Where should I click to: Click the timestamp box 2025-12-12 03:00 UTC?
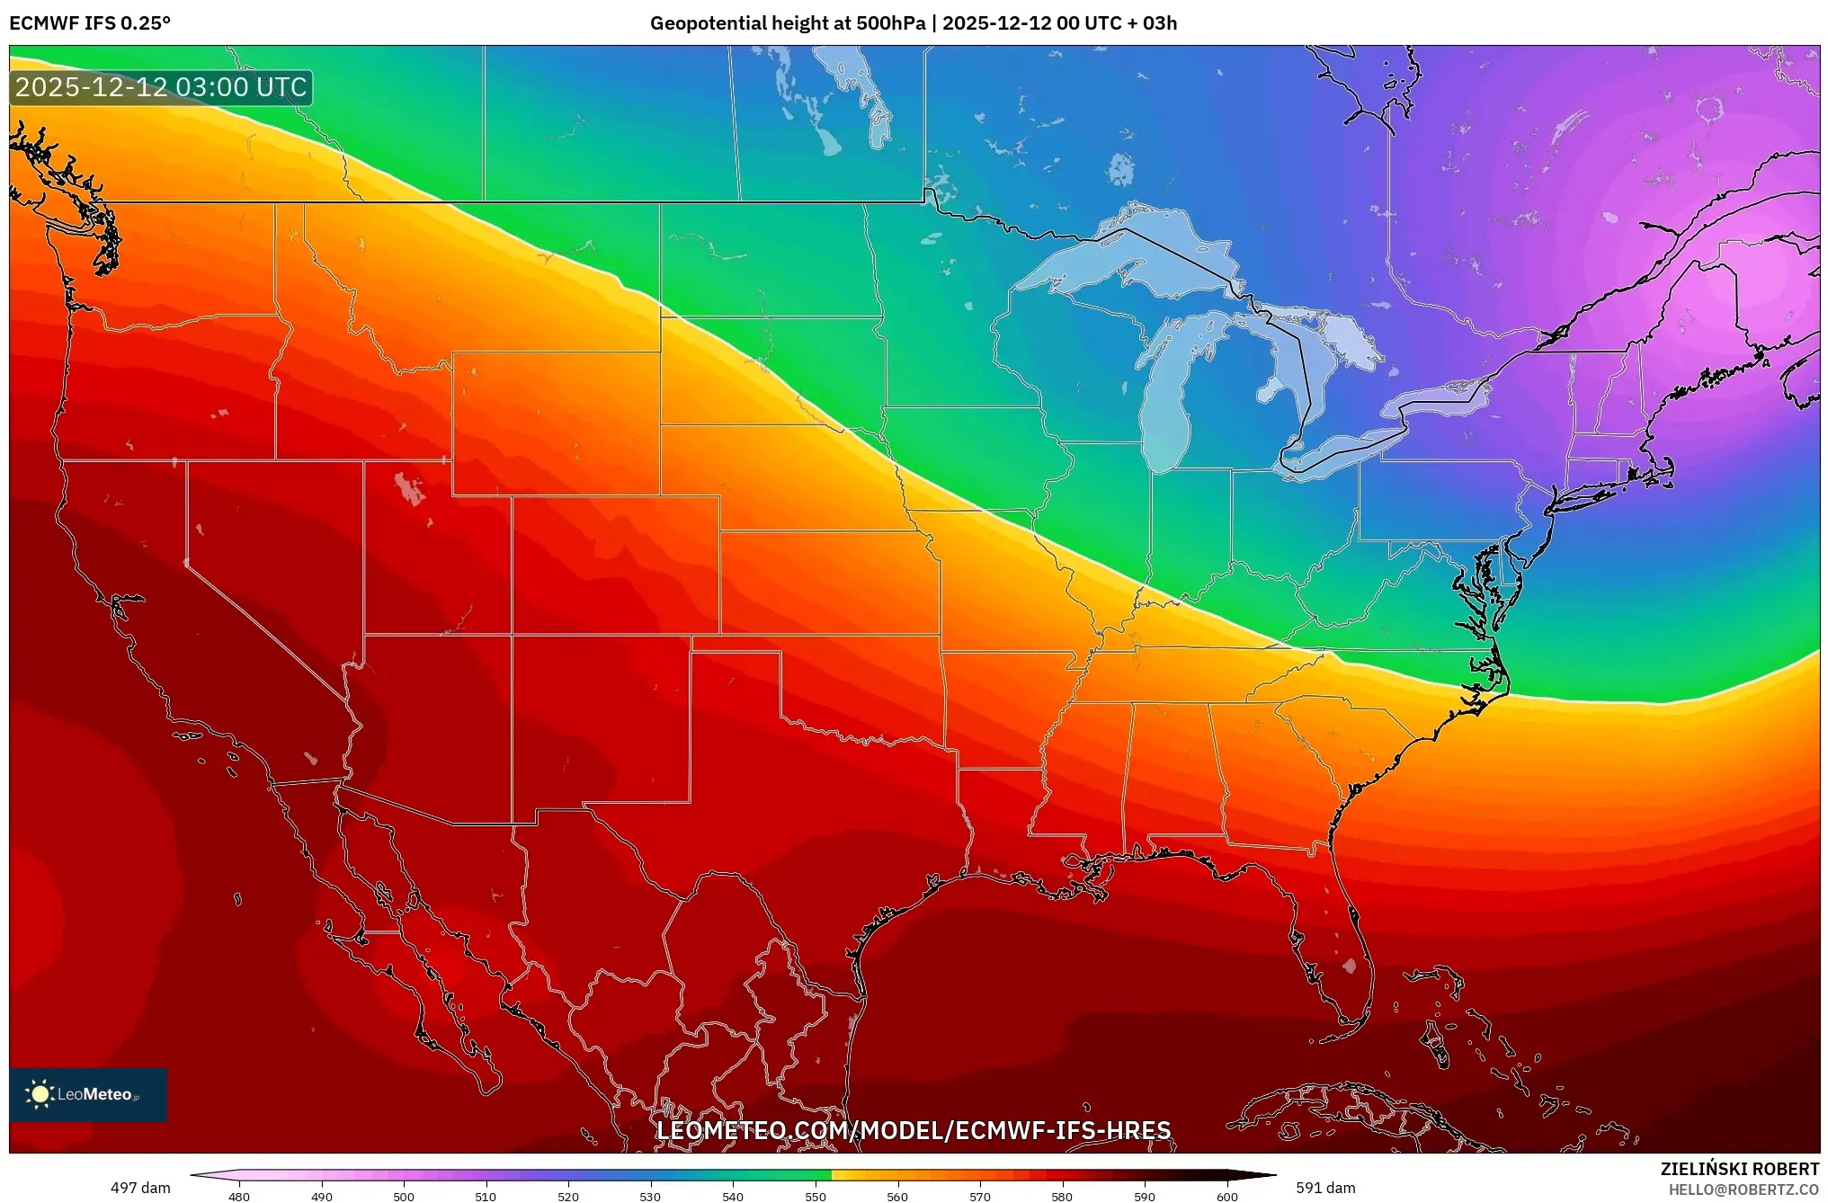pyautogui.click(x=161, y=87)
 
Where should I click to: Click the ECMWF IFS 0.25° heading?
pyautogui.click(x=89, y=23)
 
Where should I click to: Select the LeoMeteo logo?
pyautogui.click(x=87, y=1094)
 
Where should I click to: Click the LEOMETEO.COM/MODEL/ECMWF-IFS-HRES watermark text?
pyautogui.click(x=914, y=1130)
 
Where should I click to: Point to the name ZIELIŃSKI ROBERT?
pyautogui.click(x=1739, y=1169)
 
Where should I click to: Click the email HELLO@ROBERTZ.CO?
pyautogui.click(x=1743, y=1190)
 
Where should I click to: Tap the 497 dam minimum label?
pyautogui.click(x=140, y=1188)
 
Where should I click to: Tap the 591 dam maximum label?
pyautogui.click(x=1325, y=1188)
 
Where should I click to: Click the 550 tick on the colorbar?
pyautogui.click(x=815, y=1196)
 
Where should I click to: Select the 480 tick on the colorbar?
pyautogui.click(x=239, y=1196)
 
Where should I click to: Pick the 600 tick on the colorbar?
pyautogui.click(x=1226, y=1196)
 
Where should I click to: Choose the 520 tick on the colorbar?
pyautogui.click(x=568, y=1196)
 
